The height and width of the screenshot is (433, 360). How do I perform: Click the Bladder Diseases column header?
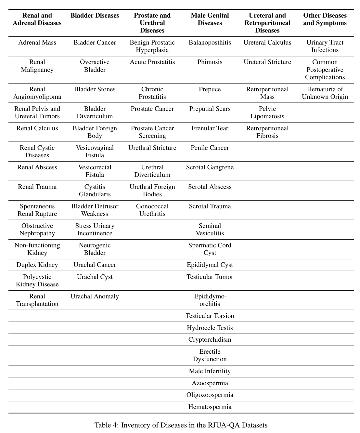point(95,16)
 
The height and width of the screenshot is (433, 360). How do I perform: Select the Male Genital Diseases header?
point(210,19)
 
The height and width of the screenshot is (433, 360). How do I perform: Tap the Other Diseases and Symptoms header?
point(325,19)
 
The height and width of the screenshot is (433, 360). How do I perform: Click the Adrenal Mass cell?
point(37,43)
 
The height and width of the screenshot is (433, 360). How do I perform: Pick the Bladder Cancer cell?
point(95,43)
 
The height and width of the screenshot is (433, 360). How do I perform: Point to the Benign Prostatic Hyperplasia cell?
point(152,46)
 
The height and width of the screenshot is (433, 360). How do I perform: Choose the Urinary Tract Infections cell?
point(325,46)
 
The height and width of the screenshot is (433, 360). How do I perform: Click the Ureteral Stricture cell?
point(267,62)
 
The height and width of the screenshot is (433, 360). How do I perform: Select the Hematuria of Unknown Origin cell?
point(325,93)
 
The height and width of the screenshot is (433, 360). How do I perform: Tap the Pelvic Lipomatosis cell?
point(267,112)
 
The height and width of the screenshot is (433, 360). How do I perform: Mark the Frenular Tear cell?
point(210,128)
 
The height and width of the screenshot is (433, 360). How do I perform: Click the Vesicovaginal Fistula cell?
point(95,151)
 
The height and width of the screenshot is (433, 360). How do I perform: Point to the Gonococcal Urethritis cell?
point(152,210)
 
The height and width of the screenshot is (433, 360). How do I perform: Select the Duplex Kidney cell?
point(37,265)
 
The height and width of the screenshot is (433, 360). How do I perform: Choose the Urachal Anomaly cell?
point(95,296)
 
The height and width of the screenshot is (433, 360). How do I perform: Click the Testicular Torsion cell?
point(210,316)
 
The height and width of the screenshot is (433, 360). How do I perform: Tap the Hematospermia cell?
point(210,407)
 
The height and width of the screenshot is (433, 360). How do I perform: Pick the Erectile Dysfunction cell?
point(210,355)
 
